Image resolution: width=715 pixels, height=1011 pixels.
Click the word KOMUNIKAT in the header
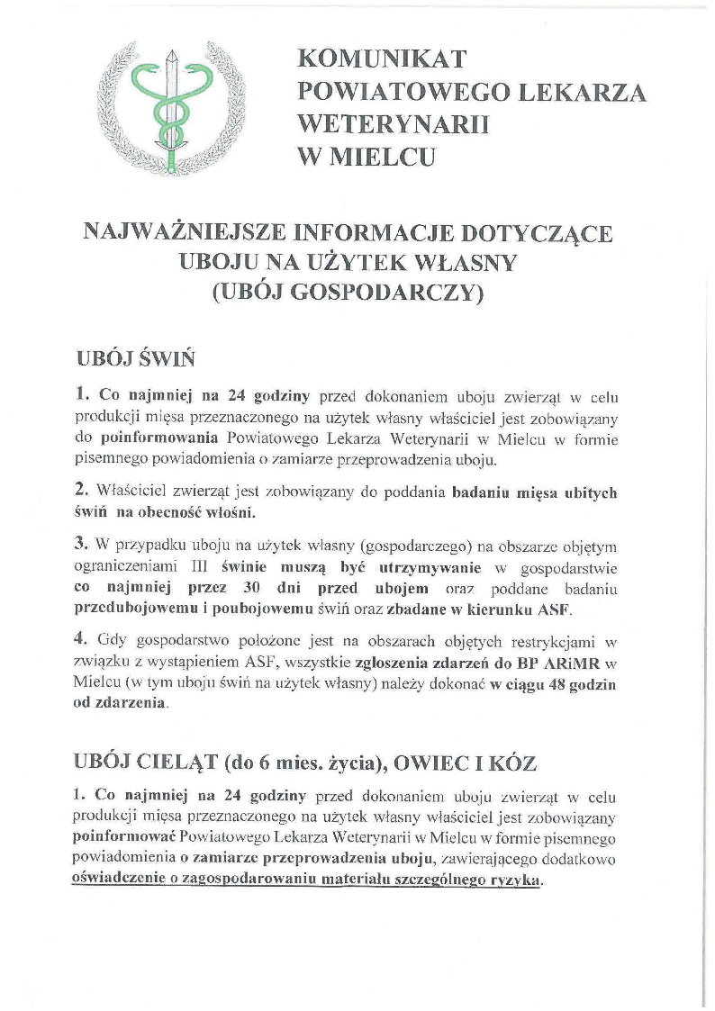(x=383, y=59)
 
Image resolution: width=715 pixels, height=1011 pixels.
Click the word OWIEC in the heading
(x=442, y=763)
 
